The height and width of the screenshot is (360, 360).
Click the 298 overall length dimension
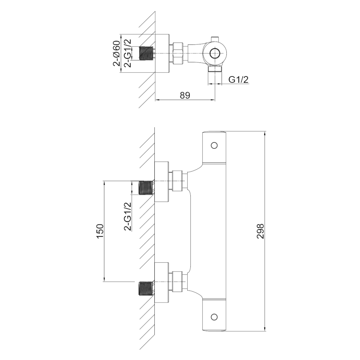pos(260,231)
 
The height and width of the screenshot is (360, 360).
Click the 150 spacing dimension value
pos(100,231)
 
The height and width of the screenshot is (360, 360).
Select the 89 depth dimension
pos(185,95)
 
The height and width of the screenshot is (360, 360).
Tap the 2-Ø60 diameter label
pos(117,53)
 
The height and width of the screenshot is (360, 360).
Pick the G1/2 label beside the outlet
pos(238,80)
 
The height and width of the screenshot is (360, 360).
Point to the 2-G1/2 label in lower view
pos(128,216)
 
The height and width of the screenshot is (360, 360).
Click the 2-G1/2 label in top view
pos(128,53)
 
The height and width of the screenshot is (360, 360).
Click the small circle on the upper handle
pos(214,145)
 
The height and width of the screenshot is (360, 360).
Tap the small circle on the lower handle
pos(214,317)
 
